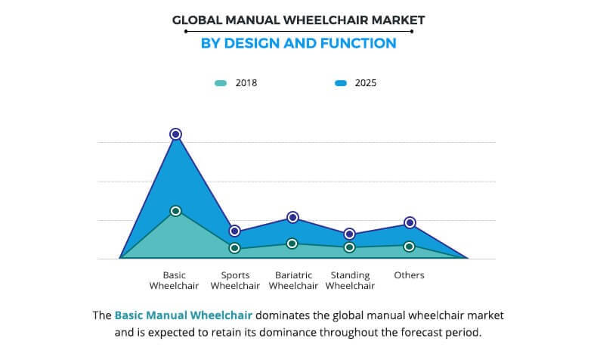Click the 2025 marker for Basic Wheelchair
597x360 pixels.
[x=175, y=134]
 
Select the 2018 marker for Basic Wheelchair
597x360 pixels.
[x=175, y=211]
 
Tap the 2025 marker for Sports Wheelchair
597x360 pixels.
[x=234, y=231]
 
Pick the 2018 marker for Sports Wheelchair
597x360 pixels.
[x=234, y=248]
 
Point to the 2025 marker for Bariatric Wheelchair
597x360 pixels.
[x=293, y=218]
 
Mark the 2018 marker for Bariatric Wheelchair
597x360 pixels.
[x=293, y=244]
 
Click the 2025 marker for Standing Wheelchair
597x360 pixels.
[x=350, y=234]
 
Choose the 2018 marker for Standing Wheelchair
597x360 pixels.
[x=350, y=247]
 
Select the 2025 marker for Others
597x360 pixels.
[x=410, y=222]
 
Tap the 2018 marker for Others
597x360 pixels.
[x=410, y=247]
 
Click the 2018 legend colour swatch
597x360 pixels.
[x=220, y=83]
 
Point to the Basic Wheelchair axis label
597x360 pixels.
[x=175, y=281]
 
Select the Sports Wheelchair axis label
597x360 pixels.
[x=235, y=281]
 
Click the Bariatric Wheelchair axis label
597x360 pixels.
[x=293, y=281]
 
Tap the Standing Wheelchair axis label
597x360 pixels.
[x=350, y=281]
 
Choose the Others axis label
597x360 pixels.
[x=410, y=275]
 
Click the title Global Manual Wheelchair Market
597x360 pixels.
[x=298, y=21]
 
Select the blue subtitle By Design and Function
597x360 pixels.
[x=298, y=43]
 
